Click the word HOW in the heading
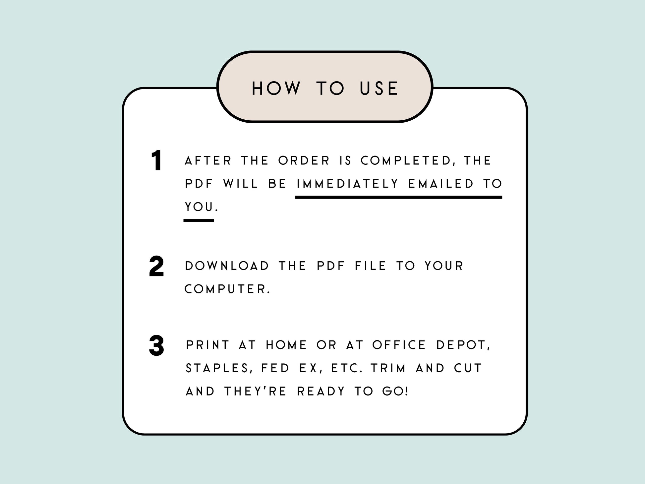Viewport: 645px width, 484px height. [x=276, y=89]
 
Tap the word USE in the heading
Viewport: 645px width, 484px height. [x=379, y=89]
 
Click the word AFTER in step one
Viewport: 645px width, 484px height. [x=208, y=161]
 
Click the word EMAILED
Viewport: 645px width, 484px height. [x=441, y=184]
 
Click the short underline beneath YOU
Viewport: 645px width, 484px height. [x=199, y=220]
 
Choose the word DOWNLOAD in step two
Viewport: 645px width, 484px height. [x=227, y=266]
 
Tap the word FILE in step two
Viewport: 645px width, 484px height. [x=371, y=266]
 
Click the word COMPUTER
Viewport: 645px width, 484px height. [x=227, y=289]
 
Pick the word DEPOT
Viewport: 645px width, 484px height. [x=463, y=345]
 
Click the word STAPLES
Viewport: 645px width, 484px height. [x=217, y=368]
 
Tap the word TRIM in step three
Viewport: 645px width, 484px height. [x=388, y=368]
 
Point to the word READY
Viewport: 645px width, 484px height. [x=321, y=392]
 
